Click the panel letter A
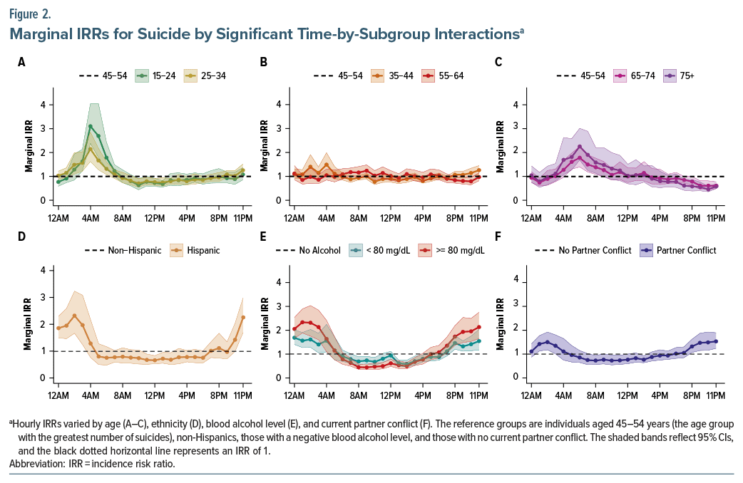pos(21,63)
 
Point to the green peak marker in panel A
pos(91,127)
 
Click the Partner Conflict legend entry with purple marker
pos(675,251)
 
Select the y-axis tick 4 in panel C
pos(516,105)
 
